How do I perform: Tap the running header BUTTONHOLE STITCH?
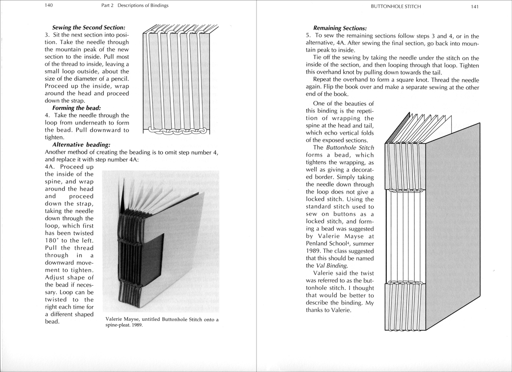pos(396,7)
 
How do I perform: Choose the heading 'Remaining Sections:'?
pos(340,28)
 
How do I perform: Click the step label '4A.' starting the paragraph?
pos(51,167)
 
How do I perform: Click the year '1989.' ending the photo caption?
pos(136,326)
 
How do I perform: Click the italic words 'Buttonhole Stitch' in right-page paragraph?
pos(350,148)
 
